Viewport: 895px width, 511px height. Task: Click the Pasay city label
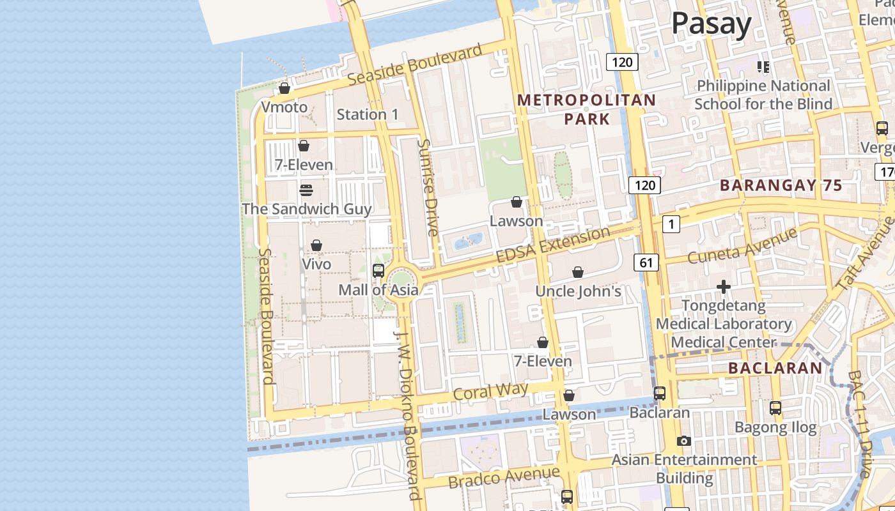pyautogui.click(x=711, y=24)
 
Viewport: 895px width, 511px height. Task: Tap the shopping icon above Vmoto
pyautogui.click(x=284, y=88)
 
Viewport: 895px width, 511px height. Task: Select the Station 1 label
pyautogui.click(x=368, y=114)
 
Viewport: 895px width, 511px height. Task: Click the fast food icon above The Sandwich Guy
pyautogui.click(x=306, y=190)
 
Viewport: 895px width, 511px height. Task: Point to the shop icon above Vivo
pyautogui.click(x=316, y=245)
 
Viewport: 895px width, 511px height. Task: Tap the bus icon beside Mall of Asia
pyautogui.click(x=378, y=271)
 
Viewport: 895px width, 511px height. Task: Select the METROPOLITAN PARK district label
pyautogui.click(x=587, y=109)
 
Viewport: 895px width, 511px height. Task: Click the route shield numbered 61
pyautogui.click(x=647, y=262)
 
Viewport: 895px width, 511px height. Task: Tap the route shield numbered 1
pyautogui.click(x=671, y=224)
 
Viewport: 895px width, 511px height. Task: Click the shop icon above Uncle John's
pyautogui.click(x=578, y=273)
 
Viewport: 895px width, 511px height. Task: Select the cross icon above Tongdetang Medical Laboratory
pyautogui.click(x=723, y=287)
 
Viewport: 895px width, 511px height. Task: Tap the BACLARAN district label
pyautogui.click(x=775, y=368)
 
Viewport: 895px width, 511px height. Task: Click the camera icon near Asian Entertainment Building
pyautogui.click(x=683, y=441)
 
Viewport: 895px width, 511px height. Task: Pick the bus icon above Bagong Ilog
pyautogui.click(x=775, y=408)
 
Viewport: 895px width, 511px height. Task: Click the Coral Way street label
pyautogui.click(x=490, y=391)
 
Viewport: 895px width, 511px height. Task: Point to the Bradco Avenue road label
pyautogui.click(x=504, y=477)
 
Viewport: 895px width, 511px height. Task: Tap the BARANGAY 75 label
pyautogui.click(x=781, y=186)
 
